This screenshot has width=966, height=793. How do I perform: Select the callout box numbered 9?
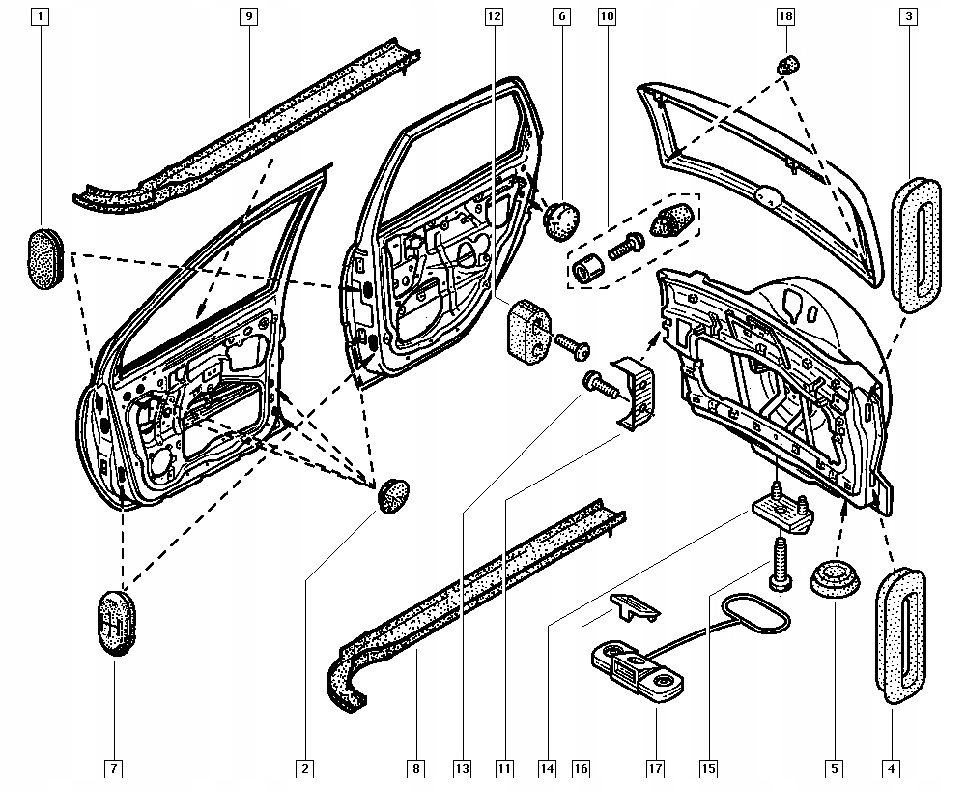point(248,16)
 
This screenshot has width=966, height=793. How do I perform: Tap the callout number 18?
point(785,16)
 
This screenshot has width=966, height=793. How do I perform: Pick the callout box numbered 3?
point(909,16)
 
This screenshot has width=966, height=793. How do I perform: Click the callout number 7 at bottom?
point(113,769)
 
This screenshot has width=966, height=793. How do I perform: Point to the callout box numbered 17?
point(655,769)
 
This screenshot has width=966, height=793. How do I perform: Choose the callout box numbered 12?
point(494,16)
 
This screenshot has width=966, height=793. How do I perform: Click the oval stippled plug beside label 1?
point(43,257)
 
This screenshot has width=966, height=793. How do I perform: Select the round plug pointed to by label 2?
point(392,495)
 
